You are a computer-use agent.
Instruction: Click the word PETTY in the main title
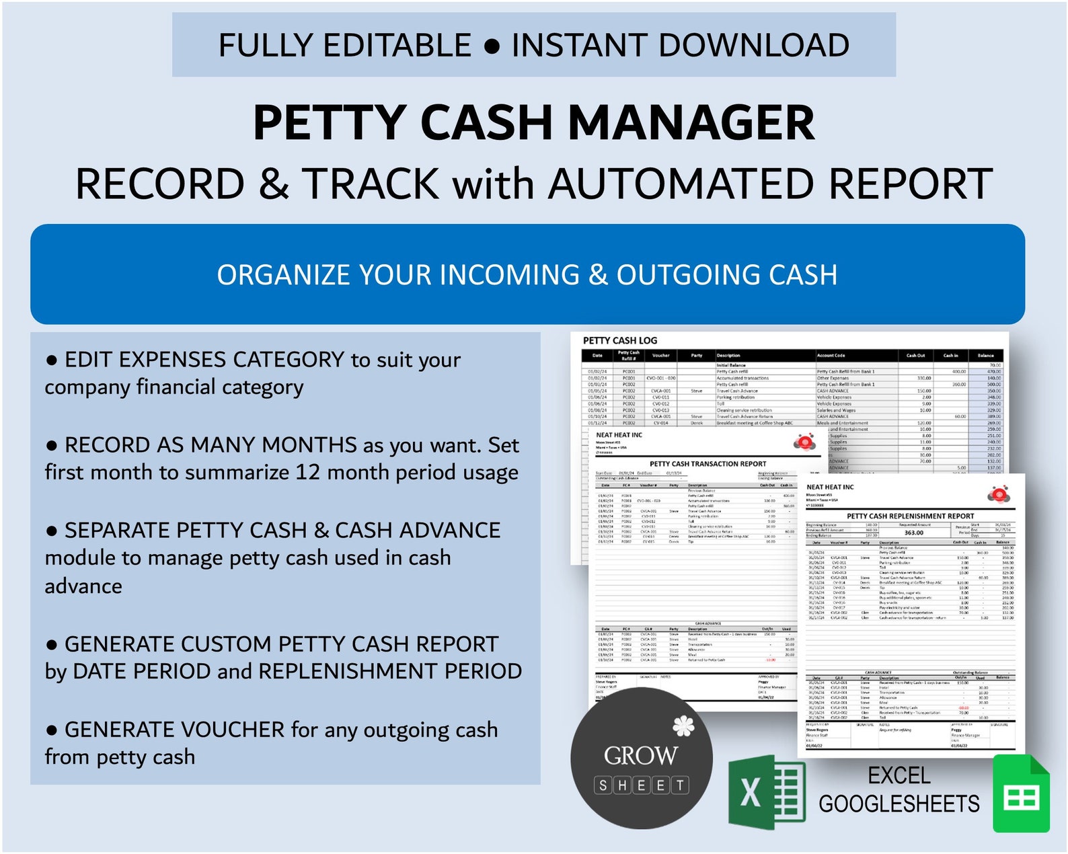329,123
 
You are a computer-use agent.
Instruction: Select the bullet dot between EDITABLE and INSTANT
492,46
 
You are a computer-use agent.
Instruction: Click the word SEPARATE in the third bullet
113,531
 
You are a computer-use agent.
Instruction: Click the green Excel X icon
766,791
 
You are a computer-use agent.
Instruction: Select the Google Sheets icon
1021,793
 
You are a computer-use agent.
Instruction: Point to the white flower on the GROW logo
683,726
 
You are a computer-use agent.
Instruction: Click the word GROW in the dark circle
640,756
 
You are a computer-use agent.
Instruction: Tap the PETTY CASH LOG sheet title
620,341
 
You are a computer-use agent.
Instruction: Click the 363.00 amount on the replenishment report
913,533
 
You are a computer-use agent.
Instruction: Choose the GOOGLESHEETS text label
899,804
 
